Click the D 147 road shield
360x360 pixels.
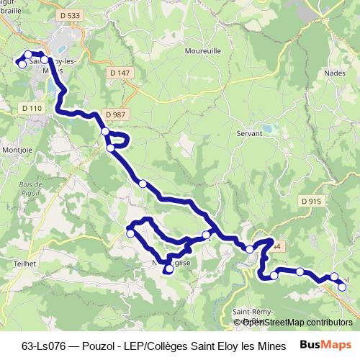point(120,73)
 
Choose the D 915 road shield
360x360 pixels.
point(310,201)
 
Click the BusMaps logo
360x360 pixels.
point(330,345)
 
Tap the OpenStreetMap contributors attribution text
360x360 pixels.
point(293,322)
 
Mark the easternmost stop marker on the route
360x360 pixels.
point(342,287)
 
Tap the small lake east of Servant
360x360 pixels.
point(269,128)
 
